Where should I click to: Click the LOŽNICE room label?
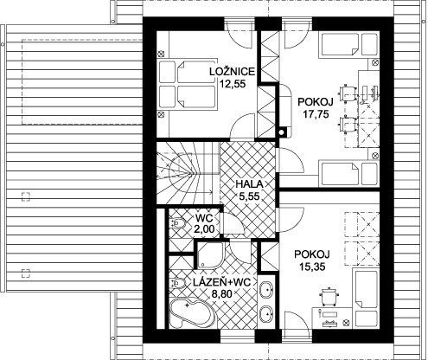pyautogui.click(x=233, y=71)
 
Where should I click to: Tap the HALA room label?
pyautogui.click(x=250, y=184)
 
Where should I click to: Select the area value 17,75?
pyautogui.click(x=316, y=114)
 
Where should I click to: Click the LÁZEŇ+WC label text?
pyautogui.click(x=221, y=282)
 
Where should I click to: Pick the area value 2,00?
pyautogui.click(x=204, y=229)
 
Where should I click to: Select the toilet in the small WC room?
pyautogui.click(x=178, y=223)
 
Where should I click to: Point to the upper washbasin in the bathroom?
pyautogui.click(x=266, y=289)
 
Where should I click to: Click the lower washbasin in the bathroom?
pyautogui.click(x=266, y=313)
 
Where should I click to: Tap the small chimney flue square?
pyautogui.click(x=282, y=132)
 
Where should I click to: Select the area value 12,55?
pyautogui.click(x=233, y=84)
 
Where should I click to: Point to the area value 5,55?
pyautogui.click(x=250, y=196)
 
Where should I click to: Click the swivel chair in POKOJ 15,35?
pyautogui.click(x=329, y=296)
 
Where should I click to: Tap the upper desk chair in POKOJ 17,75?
pyautogui.click(x=348, y=93)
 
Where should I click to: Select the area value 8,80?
pyautogui.click(x=222, y=294)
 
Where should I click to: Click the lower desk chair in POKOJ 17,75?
pyautogui.click(x=348, y=125)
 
